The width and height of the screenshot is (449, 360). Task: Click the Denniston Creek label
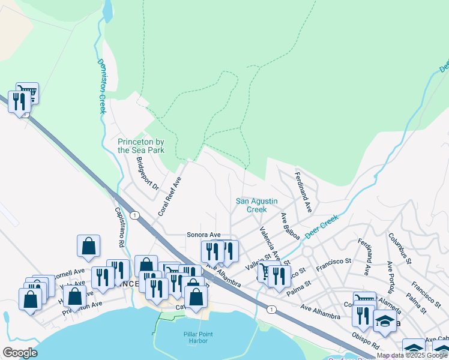pyautogui.click(x=101, y=86)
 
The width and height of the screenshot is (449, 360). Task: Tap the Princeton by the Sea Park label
pyautogui.click(x=140, y=146)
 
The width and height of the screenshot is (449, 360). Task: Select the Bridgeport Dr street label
pyautogui.click(x=147, y=174)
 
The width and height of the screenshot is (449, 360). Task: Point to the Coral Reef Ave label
pyautogui.click(x=169, y=196)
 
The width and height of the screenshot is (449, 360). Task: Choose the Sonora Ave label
pyautogui.click(x=204, y=235)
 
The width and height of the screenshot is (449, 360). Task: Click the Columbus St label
pyautogui.click(x=399, y=248)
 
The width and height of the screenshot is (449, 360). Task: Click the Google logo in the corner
pyautogui.click(x=20, y=352)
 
